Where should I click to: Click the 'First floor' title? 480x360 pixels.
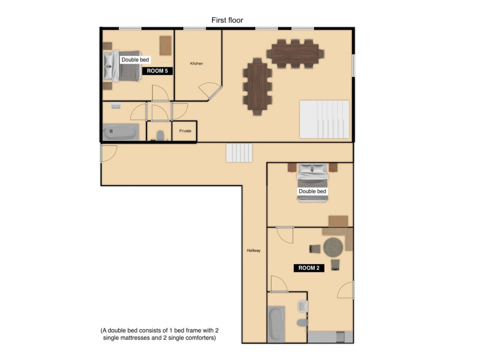click(x=227, y=20)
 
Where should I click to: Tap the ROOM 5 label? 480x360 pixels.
click(x=157, y=71)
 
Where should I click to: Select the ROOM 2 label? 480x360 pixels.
click(x=309, y=268)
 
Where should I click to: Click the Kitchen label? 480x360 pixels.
click(x=196, y=63)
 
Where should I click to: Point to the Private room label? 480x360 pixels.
click(x=185, y=131)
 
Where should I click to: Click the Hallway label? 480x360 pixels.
click(x=254, y=250)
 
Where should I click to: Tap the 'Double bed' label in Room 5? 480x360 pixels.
click(x=135, y=60)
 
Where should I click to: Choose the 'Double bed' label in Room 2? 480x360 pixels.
click(x=312, y=191)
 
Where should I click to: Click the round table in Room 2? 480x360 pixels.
click(x=333, y=247)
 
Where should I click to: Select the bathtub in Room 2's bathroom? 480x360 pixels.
click(x=276, y=324)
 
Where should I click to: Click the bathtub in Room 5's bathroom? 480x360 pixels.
click(x=121, y=132)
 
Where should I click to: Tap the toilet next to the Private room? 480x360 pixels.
click(x=160, y=135)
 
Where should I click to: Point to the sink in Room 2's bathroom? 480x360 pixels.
click(x=302, y=306)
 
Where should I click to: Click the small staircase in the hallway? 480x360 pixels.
click(x=239, y=153)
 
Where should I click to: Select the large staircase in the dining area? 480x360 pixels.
click(x=324, y=120)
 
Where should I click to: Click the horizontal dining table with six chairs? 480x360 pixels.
click(x=295, y=54)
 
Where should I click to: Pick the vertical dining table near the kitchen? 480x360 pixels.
click(x=257, y=86)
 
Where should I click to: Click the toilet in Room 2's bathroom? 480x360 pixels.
click(x=302, y=323)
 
